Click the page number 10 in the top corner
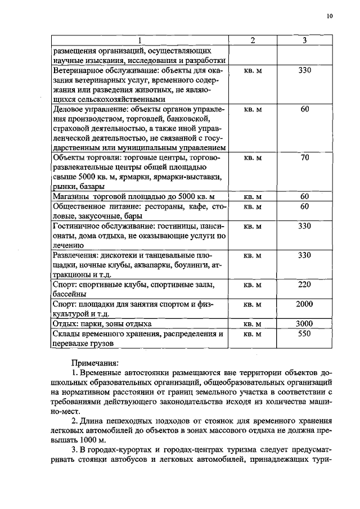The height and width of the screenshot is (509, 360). click(330, 17)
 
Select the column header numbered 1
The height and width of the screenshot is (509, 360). click(140, 40)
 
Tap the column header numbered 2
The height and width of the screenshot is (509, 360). click(253, 40)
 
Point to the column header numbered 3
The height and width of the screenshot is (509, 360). click(304, 40)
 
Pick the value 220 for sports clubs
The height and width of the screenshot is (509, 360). click(304, 285)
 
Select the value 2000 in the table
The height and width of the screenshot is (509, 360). click(304, 304)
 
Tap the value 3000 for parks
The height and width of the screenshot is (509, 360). click(304, 323)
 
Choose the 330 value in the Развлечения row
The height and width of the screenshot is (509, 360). click(304, 255)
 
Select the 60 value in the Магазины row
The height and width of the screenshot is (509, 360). click(304, 196)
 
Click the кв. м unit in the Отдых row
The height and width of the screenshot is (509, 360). click(253, 324)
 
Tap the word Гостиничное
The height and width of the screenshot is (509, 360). click(77, 226)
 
